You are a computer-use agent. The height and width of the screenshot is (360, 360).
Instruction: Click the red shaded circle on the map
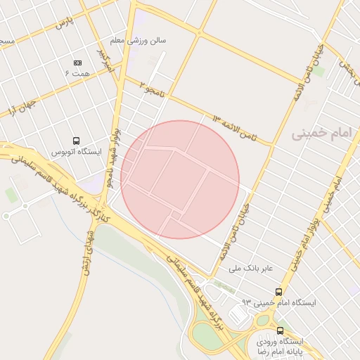pyautogui.click(x=180, y=179)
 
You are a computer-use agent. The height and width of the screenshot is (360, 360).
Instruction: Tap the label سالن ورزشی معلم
pyautogui.click(x=143, y=41)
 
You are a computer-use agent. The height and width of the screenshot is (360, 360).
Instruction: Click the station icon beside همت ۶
pyautogui.click(x=77, y=63)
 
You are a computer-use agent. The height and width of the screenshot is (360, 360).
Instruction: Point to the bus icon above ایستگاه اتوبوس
pyautogui.click(x=75, y=141)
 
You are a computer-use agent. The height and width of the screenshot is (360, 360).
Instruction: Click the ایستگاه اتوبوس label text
pyautogui.click(x=77, y=152)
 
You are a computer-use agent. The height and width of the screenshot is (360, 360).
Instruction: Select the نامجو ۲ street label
pyautogui.click(x=153, y=88)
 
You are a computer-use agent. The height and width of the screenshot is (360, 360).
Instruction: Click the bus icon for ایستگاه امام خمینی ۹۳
pyautogui.click(x=279, y=291)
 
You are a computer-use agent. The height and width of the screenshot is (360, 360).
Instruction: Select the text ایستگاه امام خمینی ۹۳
pyautogui.click(x=279, y=302)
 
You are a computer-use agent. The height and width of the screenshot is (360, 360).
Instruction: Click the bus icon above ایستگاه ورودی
pyautogui.click(x=280, y=330)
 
